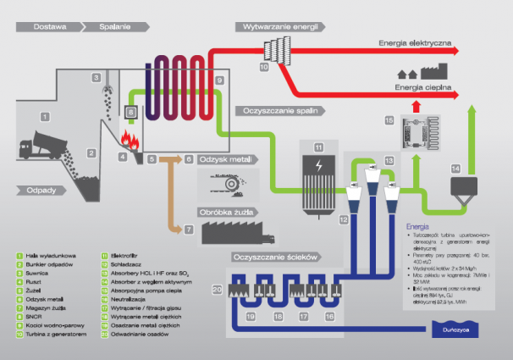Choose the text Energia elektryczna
414,42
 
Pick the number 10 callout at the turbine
263,66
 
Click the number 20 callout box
217,291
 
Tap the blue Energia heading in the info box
418,226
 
